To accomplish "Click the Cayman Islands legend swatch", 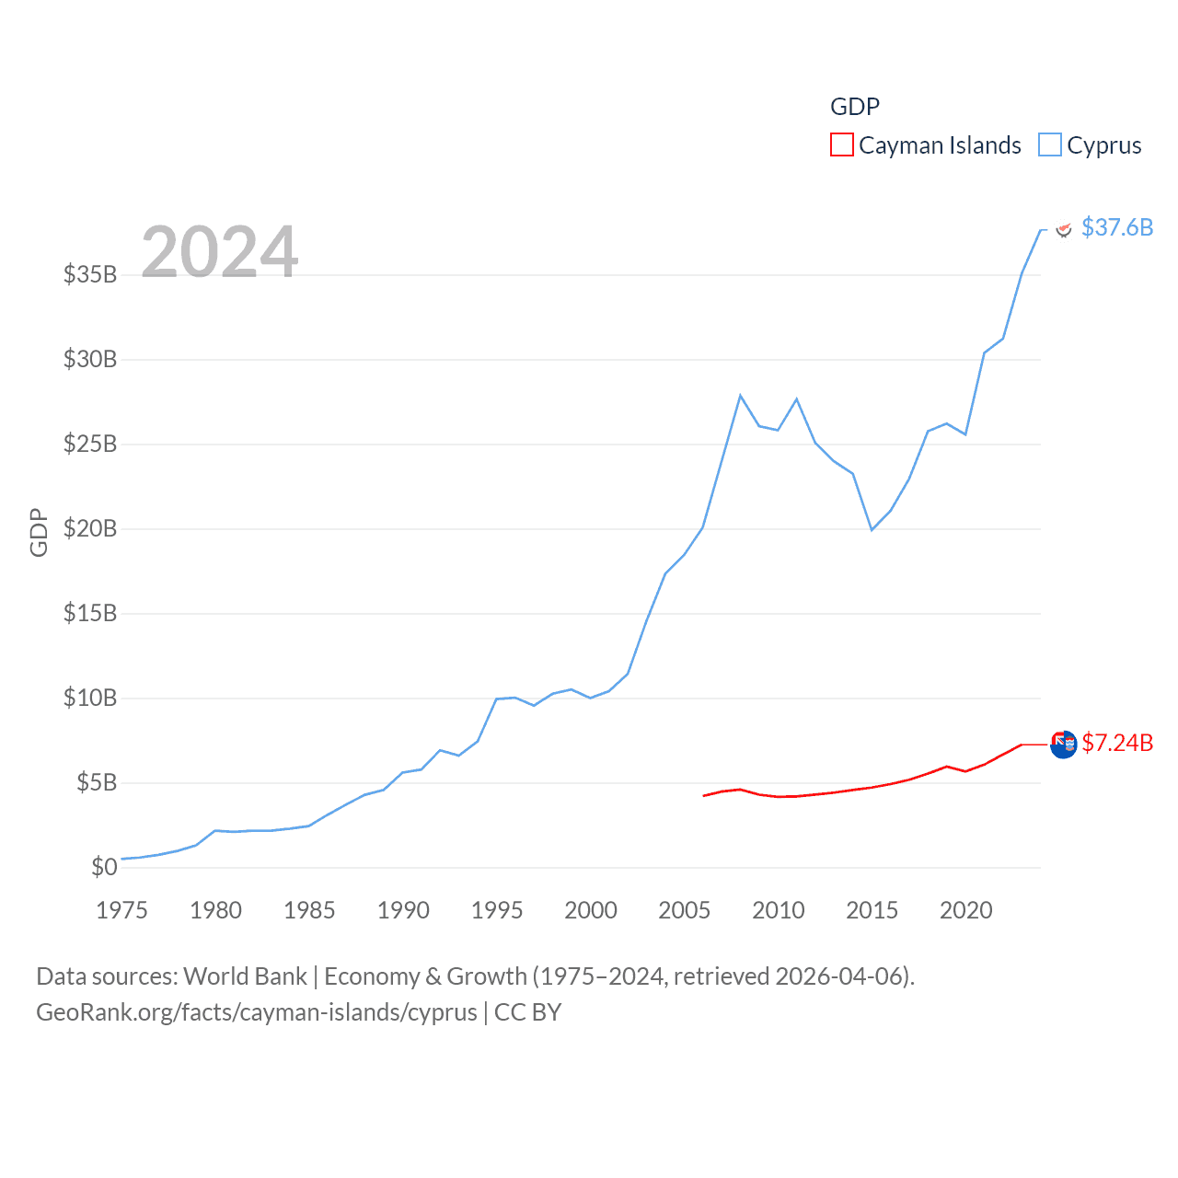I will click(841, 145).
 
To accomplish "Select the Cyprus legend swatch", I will click(1049, 145).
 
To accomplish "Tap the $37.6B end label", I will click(1116, 227).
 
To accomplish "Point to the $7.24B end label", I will click(1116, 743).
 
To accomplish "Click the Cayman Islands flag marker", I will click(1063, 745).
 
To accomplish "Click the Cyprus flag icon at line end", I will click(1063, 229).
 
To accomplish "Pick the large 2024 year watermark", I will click(219, 251).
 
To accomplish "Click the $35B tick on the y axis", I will click(90, 274).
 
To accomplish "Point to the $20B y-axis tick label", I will click(90, 528).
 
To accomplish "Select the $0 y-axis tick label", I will click(104, 867).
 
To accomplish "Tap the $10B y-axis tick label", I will click(90, 698).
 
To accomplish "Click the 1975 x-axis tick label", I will click(121, 910).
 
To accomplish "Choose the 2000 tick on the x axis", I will click(591, 910).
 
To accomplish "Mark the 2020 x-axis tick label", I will click(965, 910).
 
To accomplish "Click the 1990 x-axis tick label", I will click(403, 910).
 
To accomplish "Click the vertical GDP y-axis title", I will click(39, 532).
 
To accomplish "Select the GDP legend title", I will click(854, 107).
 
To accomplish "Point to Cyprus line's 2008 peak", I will click(740, 396).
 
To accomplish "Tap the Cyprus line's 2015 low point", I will click(872, 530).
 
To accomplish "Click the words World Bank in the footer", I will click(245, 976).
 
